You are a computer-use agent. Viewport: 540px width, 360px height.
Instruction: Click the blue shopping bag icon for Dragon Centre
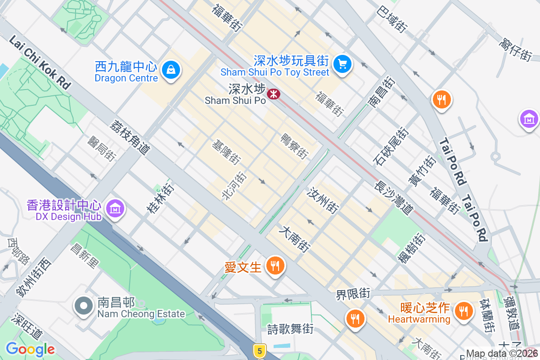(x=171, y=70)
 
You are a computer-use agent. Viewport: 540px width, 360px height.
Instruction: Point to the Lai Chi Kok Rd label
(x=40, y=63)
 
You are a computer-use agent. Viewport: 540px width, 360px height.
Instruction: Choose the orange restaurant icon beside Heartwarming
(x=462, y=310)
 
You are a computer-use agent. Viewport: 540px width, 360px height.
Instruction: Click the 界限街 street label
(x=353, y=295)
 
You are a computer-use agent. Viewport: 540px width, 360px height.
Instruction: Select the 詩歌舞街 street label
(x=290, y=329)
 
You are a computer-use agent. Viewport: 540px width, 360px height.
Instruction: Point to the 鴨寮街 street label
(x=295, y=146)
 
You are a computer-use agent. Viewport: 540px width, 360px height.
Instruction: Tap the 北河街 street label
(x=234, y=187)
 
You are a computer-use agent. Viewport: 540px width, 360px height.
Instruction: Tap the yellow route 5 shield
(x=259, y=351)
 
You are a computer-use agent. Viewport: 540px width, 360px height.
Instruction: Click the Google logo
(x=30, y=349)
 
